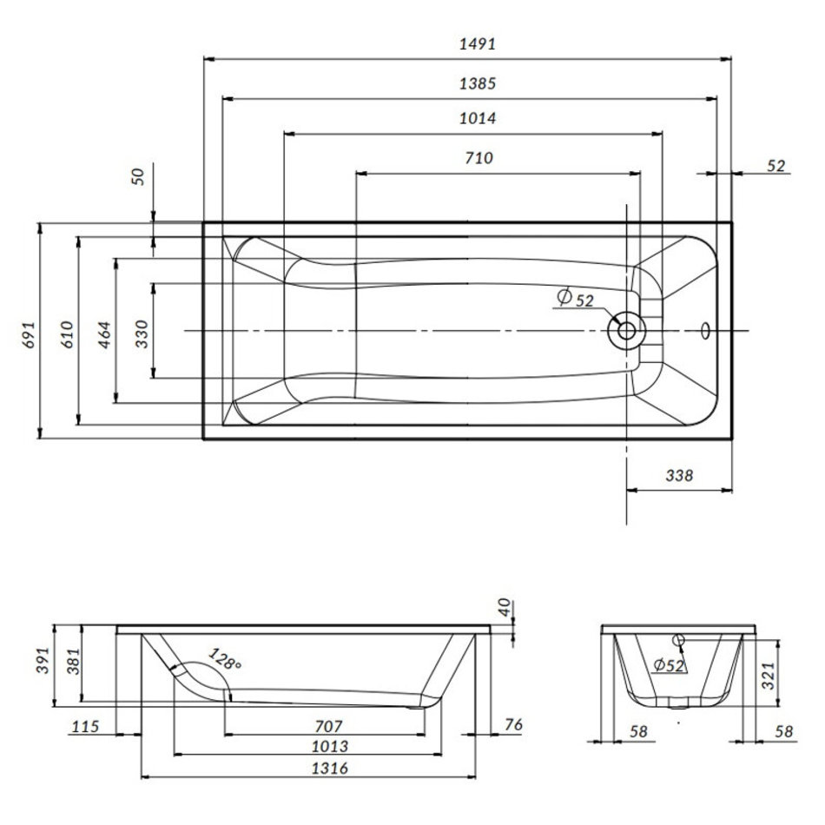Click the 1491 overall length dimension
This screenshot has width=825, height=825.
coord(478,43)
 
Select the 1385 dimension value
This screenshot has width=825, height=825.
coord(478,83)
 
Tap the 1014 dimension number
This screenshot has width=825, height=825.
coord(478,118)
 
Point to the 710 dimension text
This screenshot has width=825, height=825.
coord(478,158)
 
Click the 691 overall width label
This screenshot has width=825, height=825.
coord(28,334)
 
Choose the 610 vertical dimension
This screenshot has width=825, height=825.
coord(67,334)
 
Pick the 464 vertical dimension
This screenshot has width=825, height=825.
coord(105,334)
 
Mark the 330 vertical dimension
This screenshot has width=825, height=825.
coord(142,333)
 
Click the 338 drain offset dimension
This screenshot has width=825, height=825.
coord(679,476)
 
